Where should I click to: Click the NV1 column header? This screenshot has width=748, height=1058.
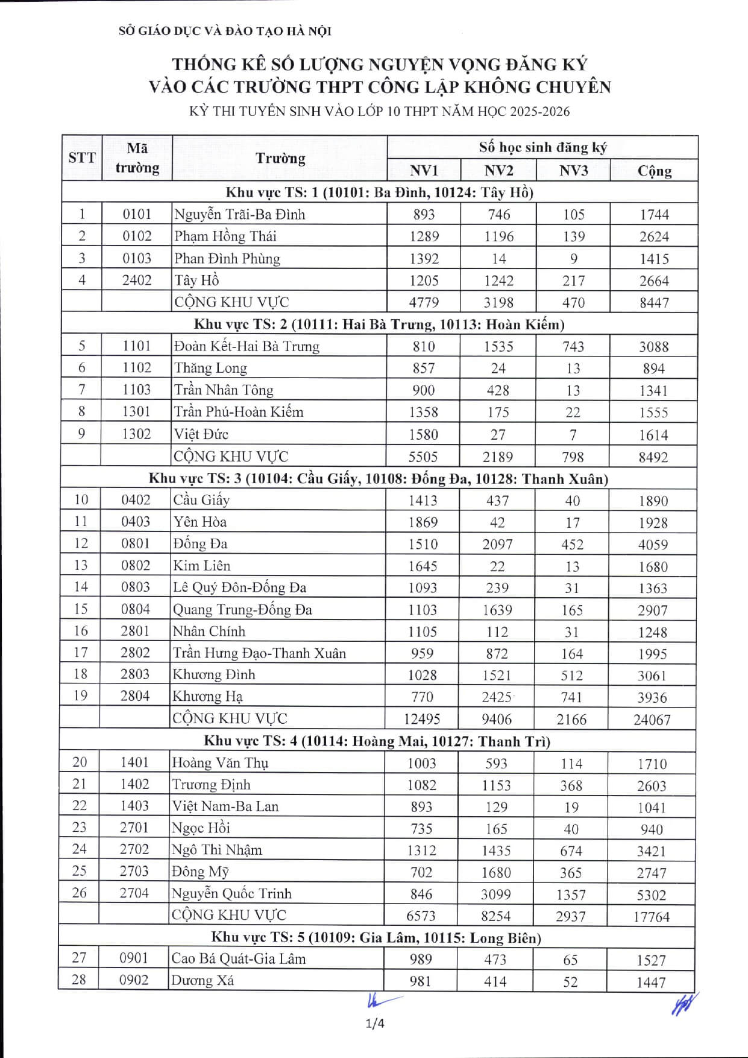[424, 171]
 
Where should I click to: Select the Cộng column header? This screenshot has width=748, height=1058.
[654, 171]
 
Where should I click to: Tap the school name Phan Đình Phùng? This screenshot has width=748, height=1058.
[227, 259]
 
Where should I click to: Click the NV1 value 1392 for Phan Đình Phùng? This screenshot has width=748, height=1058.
[424, 259]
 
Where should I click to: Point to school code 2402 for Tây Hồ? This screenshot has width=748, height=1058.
[137, 280]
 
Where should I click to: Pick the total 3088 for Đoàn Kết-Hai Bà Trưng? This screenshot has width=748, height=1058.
[653, 347]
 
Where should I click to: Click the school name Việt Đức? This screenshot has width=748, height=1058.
[201, 434]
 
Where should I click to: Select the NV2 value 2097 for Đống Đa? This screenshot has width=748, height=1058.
[497, 544]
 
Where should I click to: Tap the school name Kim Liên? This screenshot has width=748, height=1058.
[201, 566]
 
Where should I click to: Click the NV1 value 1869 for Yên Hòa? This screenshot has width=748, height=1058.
[423, 522]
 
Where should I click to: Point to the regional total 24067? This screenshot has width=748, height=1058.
[652, 720]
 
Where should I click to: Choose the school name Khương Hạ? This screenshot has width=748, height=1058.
[207, 697]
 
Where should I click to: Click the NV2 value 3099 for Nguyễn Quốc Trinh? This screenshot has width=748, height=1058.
[496, 895]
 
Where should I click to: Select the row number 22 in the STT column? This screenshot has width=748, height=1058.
[80, 806]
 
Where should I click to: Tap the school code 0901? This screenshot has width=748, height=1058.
[133, 958]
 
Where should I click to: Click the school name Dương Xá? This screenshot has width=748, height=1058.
[203, 981]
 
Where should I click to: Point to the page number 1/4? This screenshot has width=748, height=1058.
[375, 1023]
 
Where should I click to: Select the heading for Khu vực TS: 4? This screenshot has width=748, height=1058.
[377, 741]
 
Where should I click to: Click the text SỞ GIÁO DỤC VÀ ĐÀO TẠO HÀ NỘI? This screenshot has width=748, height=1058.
[225, 31]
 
